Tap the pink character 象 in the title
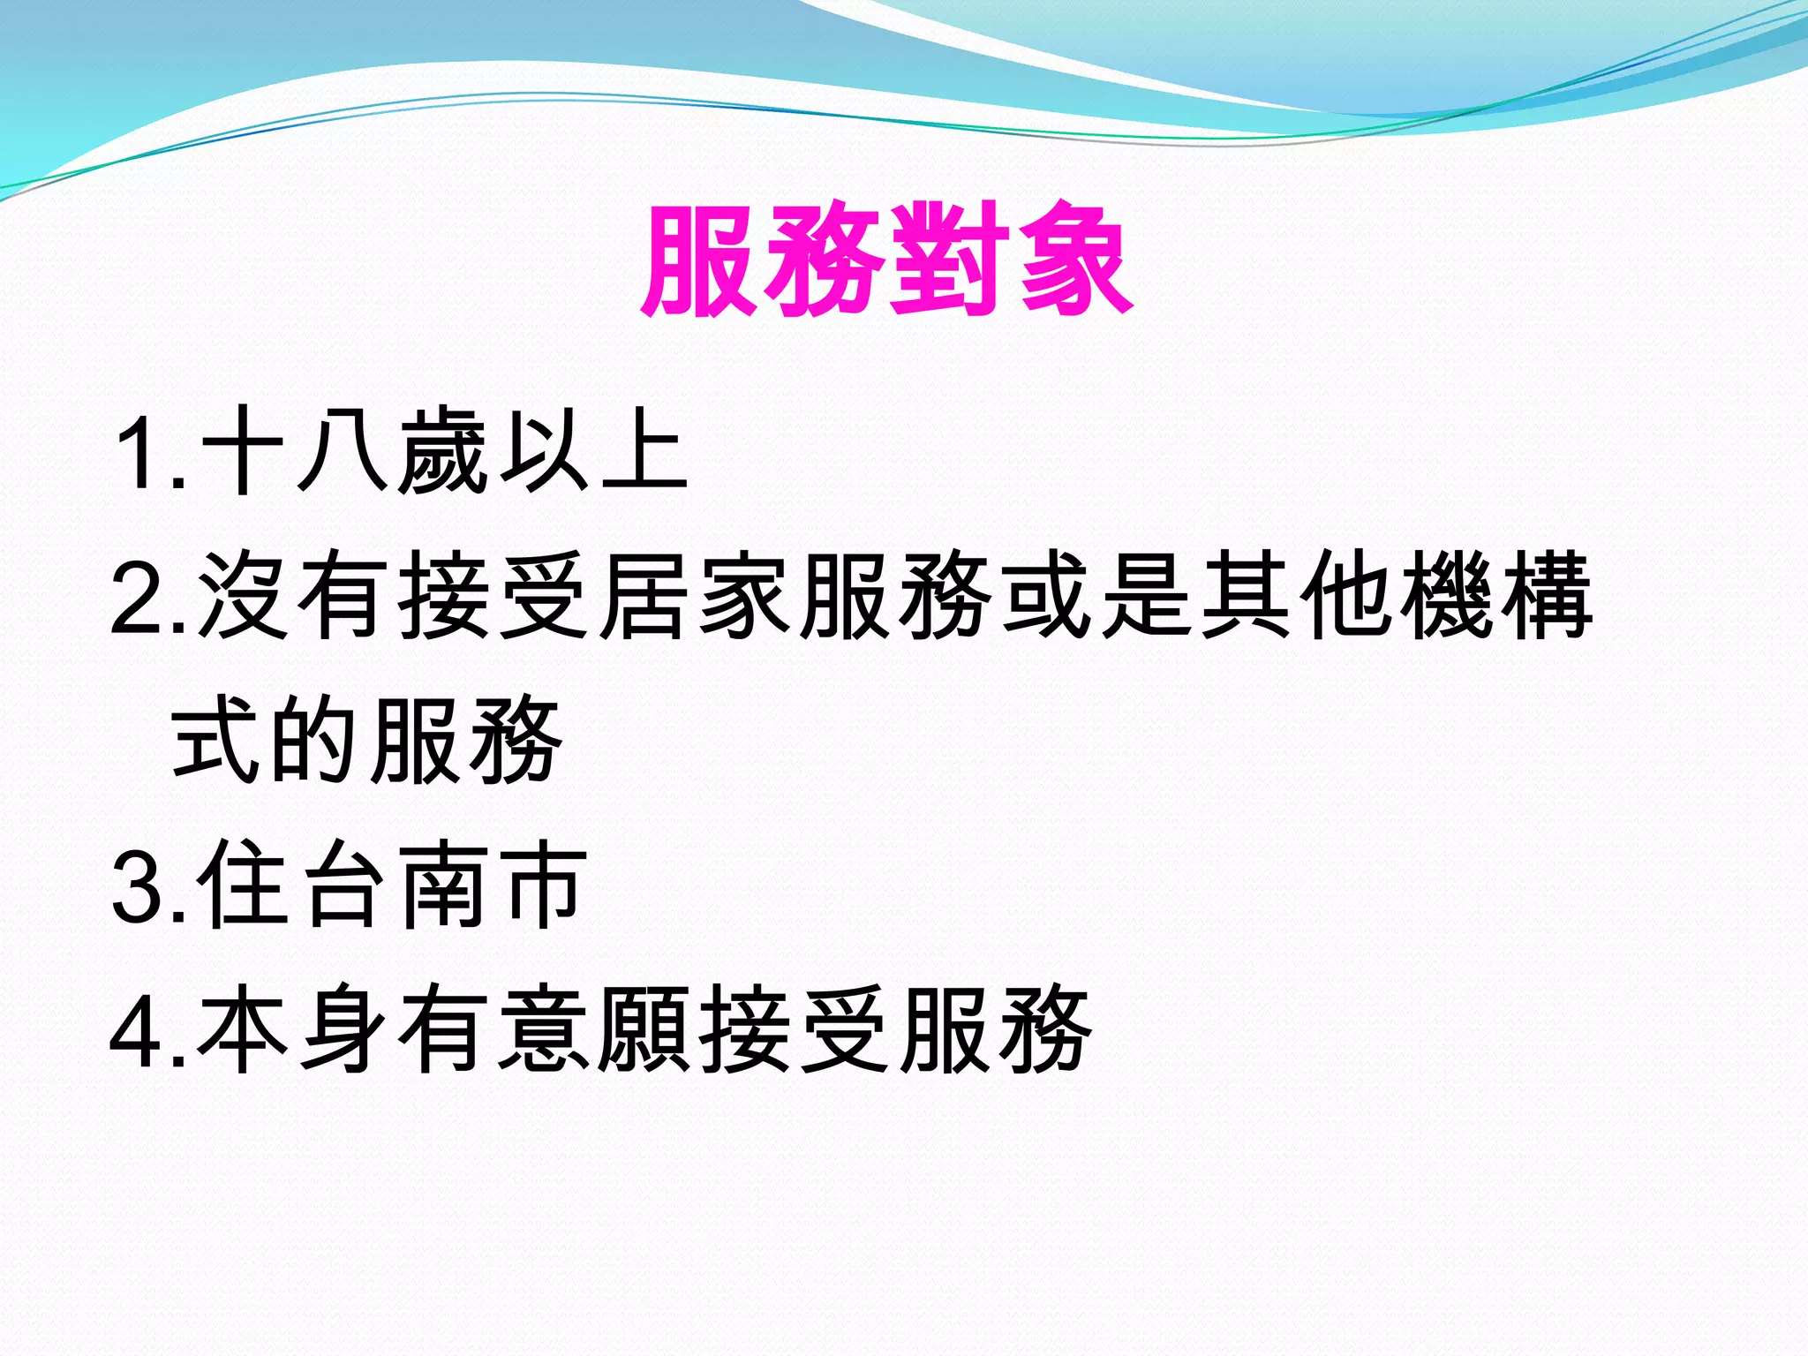(x=1074, y=260)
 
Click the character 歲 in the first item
(x=443, y=451)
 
